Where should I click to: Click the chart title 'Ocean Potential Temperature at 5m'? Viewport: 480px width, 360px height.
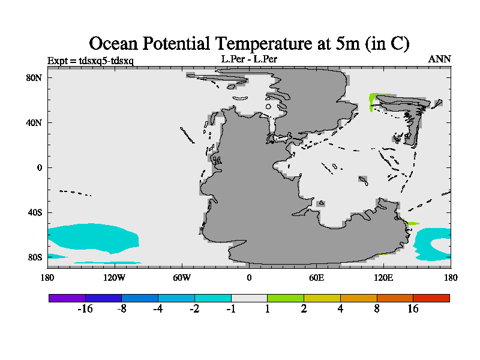click(x=249, y=43)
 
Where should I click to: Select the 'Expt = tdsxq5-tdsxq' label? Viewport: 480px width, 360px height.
click(x=90, y=60)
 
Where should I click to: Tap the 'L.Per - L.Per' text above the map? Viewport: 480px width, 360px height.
click(x=249, y=59)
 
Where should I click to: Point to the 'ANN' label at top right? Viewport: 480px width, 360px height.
click(x=439, y=59)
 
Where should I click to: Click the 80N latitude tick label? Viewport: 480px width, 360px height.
click(x=34, y=77)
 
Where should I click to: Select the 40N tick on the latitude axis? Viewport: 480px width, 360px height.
click(x=34, y=122)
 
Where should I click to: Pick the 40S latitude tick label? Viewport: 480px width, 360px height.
click(x=34, y=212)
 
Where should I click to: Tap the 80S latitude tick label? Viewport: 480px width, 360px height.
click(x=34, y=257)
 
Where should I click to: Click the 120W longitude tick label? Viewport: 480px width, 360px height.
click(x=114, y=278)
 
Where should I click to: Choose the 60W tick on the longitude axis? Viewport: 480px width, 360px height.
click(x=182, y=278)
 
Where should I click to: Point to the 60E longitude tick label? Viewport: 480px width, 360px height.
click(x=316, y=278)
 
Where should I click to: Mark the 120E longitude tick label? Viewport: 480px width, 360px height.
click(x=383, y=278)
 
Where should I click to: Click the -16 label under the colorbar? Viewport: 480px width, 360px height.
click(x=85, y=309)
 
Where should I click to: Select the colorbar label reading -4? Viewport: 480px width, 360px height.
click(x=158, y=309)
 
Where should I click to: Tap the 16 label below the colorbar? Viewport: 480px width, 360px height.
click(x=413, y=309)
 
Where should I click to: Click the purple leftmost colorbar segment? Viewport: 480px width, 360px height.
click(x=67, y=298)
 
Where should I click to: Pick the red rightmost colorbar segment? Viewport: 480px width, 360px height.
click(x=431, y=298)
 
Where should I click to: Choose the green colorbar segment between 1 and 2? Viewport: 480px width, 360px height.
click(x=285, y=298)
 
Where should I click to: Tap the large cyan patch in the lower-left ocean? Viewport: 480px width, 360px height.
click(x=90, y=237)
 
